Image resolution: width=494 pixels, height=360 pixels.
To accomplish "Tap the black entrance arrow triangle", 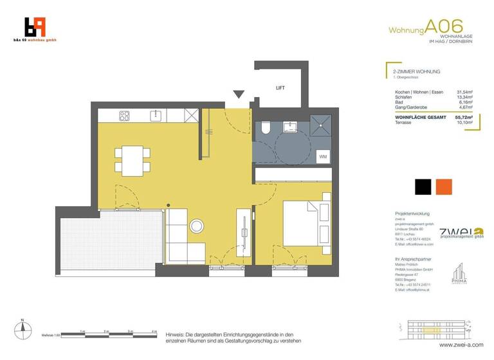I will point(239,95).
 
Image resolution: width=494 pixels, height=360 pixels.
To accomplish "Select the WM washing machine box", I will point(322,156).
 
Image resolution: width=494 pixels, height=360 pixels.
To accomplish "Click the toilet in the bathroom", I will point(266,128).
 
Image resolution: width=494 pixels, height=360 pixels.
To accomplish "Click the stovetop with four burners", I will point(124,116).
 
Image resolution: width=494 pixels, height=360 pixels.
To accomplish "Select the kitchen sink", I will point(156,116).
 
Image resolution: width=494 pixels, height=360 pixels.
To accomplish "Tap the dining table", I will point(133,159).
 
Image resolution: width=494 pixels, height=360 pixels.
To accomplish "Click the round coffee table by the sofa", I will point(197,226).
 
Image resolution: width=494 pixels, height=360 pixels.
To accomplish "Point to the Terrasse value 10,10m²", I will point(464,124).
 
